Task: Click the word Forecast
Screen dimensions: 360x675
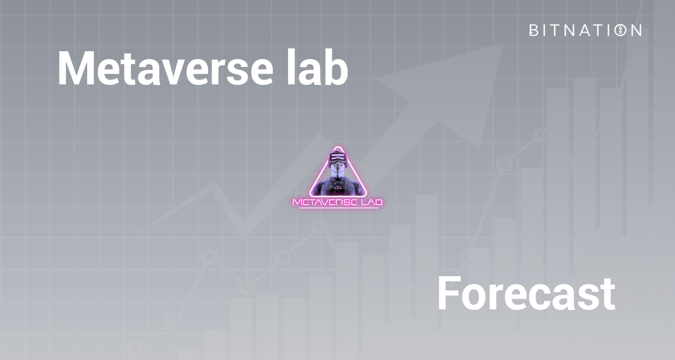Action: pyautogui.click(x=525, y=294)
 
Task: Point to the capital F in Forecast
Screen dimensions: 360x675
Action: pyautogui.click(x=448, y=294)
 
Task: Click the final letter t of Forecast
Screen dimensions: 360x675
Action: pyautogui.click(x=606, y=295)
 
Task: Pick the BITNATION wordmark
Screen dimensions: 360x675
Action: pyautogui.click(x=585, y=30)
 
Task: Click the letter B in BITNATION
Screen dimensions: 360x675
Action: pyautogui.click(x=534, y=30)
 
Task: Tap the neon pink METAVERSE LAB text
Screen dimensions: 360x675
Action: pyautogui.click(x=337, y=201)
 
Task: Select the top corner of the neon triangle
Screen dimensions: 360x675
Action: pyautogui.click(x=337, y=147)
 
